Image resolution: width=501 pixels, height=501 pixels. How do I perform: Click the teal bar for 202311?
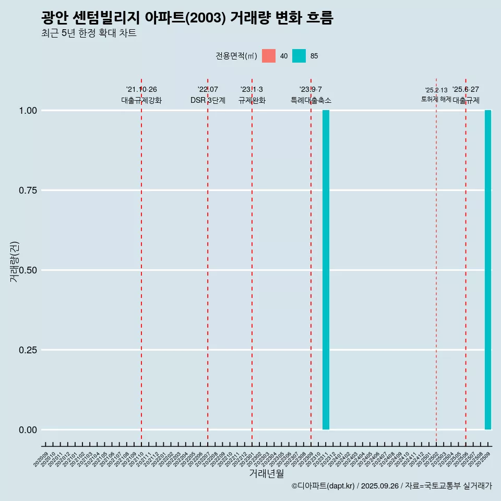pos(326,270)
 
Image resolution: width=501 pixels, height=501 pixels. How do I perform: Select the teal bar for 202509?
pos(488,270)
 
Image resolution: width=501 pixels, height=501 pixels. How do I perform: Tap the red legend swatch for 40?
pos(269,56)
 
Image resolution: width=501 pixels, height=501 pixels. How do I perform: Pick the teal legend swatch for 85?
pos(299,56)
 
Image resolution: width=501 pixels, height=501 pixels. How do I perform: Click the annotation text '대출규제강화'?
pos(141,100)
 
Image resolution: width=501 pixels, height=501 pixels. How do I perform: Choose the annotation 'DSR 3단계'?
pos(208,100)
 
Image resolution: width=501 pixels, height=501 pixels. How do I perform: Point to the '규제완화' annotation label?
pos(252,100)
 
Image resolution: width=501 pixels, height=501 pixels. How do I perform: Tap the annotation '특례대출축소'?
pos(311,100)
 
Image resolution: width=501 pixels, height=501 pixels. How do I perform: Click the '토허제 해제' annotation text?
pos(436,99)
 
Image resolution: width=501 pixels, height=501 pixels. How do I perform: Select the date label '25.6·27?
pos(466,90)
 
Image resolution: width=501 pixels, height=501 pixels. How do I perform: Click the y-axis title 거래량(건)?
pos(15,261)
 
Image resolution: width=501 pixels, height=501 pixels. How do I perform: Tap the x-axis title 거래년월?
pos(267,474)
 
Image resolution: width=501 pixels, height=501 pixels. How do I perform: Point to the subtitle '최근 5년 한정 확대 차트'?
pos(89,33)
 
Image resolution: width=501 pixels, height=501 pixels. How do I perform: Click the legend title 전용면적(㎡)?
pos(236,56)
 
